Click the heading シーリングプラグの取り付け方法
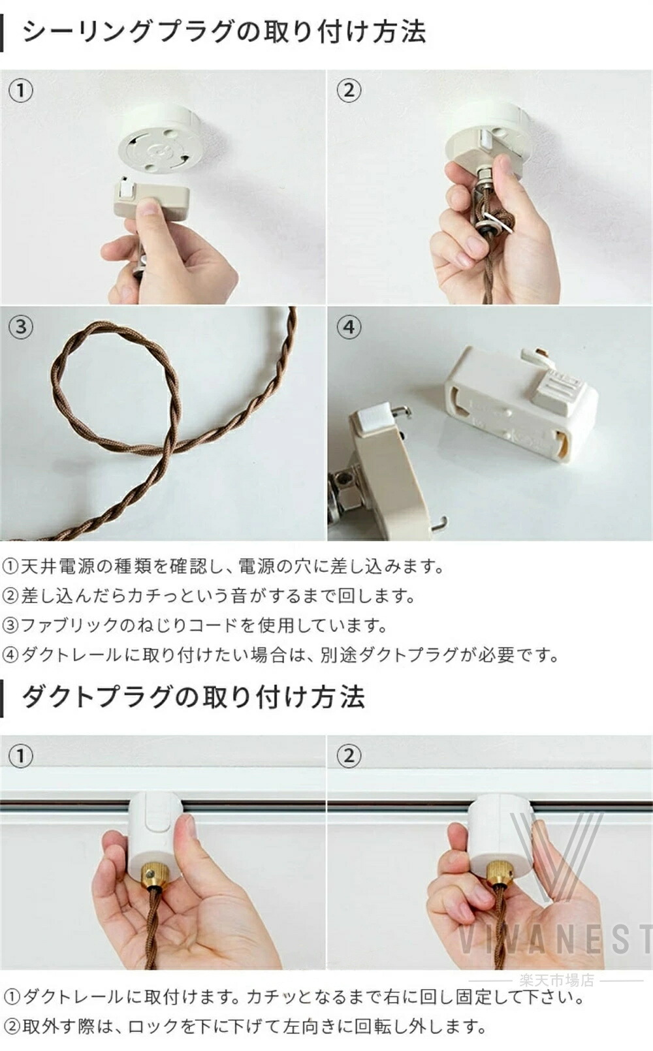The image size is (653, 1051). point(224,32)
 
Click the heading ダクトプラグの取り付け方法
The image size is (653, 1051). point(193,697)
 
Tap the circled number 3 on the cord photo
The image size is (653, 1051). point(21,327)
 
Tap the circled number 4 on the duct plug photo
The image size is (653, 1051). point(349,327)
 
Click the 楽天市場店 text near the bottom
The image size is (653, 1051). point(556,979)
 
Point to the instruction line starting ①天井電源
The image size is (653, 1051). point(223,567)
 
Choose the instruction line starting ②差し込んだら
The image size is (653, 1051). point(210,596)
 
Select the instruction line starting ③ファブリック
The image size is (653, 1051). point(195,625)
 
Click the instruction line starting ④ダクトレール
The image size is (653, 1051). point(281,655)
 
